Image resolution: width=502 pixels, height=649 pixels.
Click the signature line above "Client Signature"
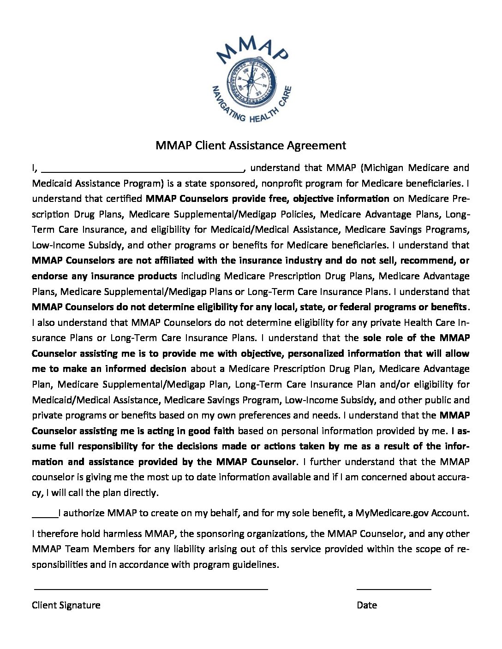tap(151, 589)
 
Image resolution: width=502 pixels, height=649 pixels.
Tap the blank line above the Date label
tap(394, 589)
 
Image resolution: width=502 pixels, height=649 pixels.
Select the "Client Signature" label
tap(66, 605)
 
